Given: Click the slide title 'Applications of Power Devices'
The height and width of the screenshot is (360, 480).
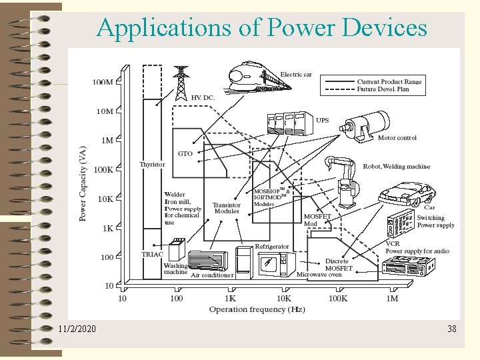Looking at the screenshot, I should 261,28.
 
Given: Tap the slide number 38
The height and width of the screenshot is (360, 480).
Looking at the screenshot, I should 451,329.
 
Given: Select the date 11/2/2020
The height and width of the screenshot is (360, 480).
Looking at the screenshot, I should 77,329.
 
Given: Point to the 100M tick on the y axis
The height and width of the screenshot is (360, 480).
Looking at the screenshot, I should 102,83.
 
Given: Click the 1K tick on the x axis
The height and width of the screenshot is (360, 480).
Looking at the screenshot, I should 230,298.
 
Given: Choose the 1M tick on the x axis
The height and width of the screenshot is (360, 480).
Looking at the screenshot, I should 392,298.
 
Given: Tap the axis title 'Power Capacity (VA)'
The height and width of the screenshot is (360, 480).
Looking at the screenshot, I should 83,183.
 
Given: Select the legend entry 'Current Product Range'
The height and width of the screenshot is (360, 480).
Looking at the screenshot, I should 389,81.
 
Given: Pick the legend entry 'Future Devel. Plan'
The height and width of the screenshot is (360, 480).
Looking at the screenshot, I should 383,89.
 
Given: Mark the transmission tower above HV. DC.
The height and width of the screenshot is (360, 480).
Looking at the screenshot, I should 181,82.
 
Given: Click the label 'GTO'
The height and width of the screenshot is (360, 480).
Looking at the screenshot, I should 185,154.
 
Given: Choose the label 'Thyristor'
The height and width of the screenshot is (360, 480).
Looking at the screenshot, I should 152,165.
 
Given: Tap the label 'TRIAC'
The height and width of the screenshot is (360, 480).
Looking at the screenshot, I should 153,254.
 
